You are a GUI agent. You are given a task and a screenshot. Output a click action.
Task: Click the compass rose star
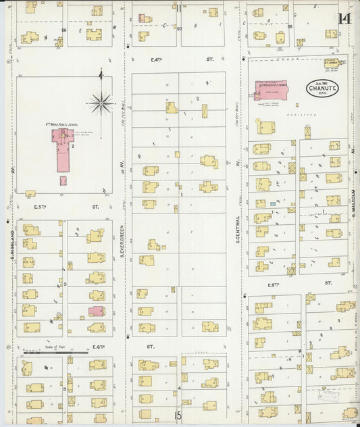(101, 103)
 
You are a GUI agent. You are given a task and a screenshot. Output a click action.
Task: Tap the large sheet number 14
(344, 16)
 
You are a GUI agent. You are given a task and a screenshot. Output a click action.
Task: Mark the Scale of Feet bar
(55, 352)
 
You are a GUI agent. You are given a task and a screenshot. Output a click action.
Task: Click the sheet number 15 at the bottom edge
(179, 417)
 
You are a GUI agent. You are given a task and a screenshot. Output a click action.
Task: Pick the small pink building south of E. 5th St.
(96, 311)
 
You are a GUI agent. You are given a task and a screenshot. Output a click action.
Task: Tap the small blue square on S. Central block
(272, 203)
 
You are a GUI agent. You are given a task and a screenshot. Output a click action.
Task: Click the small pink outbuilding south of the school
(63, 180)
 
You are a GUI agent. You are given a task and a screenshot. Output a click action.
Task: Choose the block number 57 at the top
(179, 29)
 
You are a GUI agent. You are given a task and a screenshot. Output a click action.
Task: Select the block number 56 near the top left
(64, 30)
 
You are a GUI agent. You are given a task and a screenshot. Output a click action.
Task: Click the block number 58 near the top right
(290, 27)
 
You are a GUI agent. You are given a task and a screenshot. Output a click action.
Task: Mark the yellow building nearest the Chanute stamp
(330, 64)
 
